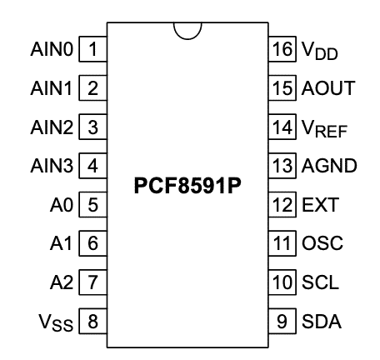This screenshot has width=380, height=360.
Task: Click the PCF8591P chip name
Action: click(x=187, y=186)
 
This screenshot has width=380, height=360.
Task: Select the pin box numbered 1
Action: click(x=92, y=49)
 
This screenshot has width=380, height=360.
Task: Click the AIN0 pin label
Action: click(x=52, y=49)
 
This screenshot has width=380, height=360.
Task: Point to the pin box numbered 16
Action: click(x=282, y=49)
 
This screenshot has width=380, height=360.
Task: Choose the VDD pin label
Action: click(x=320, y=51)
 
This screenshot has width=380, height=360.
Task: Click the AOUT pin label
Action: click(x=328, y=88)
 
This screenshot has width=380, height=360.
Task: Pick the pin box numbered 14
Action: click(x=282, y=127)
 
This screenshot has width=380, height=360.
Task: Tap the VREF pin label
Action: click(x=324, y=128)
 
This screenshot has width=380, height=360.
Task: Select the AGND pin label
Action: click(x=329, y=166)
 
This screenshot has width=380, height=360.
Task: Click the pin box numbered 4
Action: click(x=92, y=166)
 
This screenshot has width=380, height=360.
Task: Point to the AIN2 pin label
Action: click(x=52, y=127)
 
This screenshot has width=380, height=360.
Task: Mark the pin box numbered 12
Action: click(x=282, y=204)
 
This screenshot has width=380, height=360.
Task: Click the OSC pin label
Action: click(x=322, y=243)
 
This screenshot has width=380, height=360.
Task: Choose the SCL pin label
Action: click(x=320, y=282)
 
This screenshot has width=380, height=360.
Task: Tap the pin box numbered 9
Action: click(x=282, y=321)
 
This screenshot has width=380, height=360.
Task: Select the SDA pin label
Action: click(x=322, y=322)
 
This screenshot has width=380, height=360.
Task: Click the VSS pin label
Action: click(x=56, y=322)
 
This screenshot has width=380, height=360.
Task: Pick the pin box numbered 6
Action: click(x=92, y=243)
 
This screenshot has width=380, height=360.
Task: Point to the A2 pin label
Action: click(x=62, y=282)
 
